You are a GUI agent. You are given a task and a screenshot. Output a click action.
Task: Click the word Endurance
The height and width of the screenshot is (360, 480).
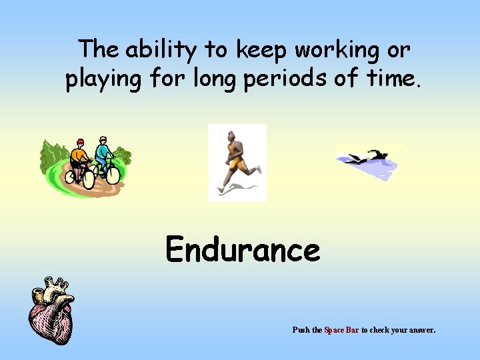(x=243, y=251)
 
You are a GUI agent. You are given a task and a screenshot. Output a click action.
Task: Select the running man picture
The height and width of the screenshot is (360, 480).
(x=237, y=162)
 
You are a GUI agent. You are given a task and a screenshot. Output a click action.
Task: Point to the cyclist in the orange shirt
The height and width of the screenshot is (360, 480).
(x=80, y=160)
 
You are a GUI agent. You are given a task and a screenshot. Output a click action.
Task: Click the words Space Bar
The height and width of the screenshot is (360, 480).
(x=341, y=330)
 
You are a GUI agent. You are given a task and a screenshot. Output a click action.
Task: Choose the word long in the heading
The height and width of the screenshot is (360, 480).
(x=213, y=79)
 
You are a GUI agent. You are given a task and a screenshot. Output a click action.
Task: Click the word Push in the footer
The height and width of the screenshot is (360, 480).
(x=301, y=330)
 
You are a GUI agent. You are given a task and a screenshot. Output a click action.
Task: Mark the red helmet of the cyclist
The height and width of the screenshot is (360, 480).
(x=80, y=141)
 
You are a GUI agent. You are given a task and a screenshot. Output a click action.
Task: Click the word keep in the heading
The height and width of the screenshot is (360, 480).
(x=261, y=49)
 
